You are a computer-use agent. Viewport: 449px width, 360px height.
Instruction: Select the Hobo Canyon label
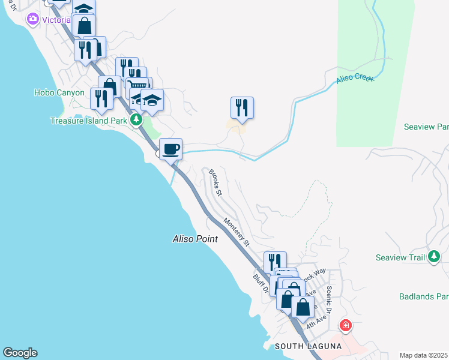coord(59,92)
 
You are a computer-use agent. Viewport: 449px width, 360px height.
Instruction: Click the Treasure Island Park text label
coord(88,121)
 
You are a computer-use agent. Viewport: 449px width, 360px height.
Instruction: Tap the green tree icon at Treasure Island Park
coord(136,120)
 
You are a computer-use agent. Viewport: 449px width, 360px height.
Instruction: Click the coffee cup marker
coord(170,148)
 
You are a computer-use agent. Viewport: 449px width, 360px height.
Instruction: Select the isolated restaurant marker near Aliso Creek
coord(242,107)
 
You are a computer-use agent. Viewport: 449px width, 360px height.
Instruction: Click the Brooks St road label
coord(215,183)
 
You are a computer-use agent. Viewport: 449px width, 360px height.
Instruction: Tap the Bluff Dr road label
coord(261,281)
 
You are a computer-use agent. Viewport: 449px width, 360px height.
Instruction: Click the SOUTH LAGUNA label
coord(302,347)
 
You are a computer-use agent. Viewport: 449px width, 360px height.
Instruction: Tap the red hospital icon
coord(345,326)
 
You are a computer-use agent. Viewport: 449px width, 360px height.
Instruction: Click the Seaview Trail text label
coord(400,257)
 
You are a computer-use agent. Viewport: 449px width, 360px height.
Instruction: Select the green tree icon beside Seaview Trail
coord(434,257)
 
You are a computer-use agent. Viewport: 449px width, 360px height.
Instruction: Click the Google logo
coord(20,353)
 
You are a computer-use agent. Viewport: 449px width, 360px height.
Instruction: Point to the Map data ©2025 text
coord(423,355)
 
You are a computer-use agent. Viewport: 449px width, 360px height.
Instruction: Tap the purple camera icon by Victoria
coord(32,19)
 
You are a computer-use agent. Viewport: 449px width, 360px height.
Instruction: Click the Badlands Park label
coord(424,296)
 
